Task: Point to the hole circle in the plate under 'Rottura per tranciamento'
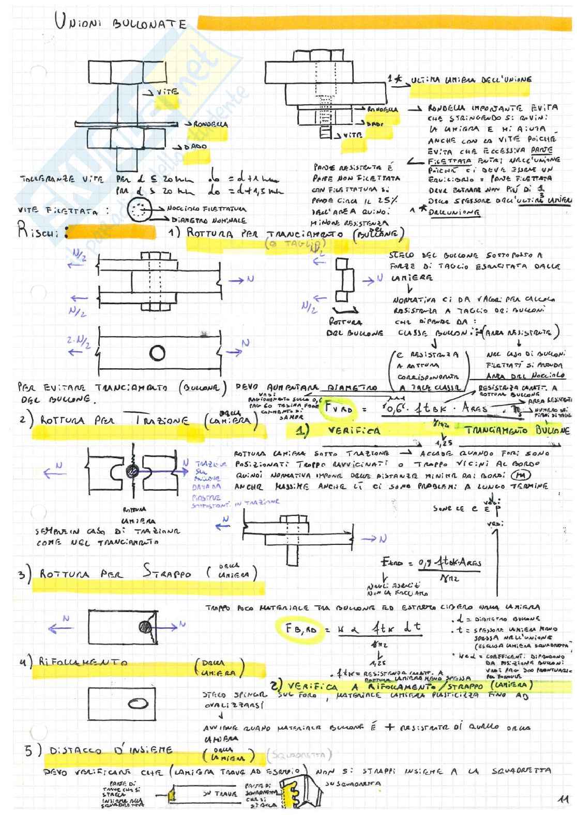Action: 157,353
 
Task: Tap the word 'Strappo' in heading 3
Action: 167,573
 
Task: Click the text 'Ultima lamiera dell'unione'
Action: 470,80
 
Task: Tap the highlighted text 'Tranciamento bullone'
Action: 517,431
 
